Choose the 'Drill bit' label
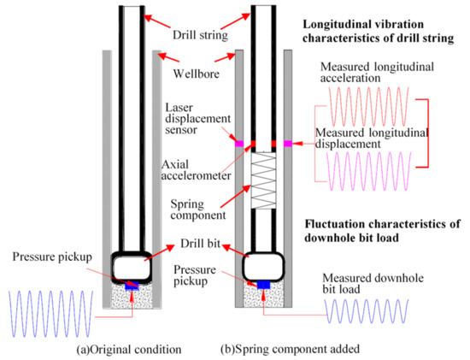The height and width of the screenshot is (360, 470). tap(200, 245)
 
